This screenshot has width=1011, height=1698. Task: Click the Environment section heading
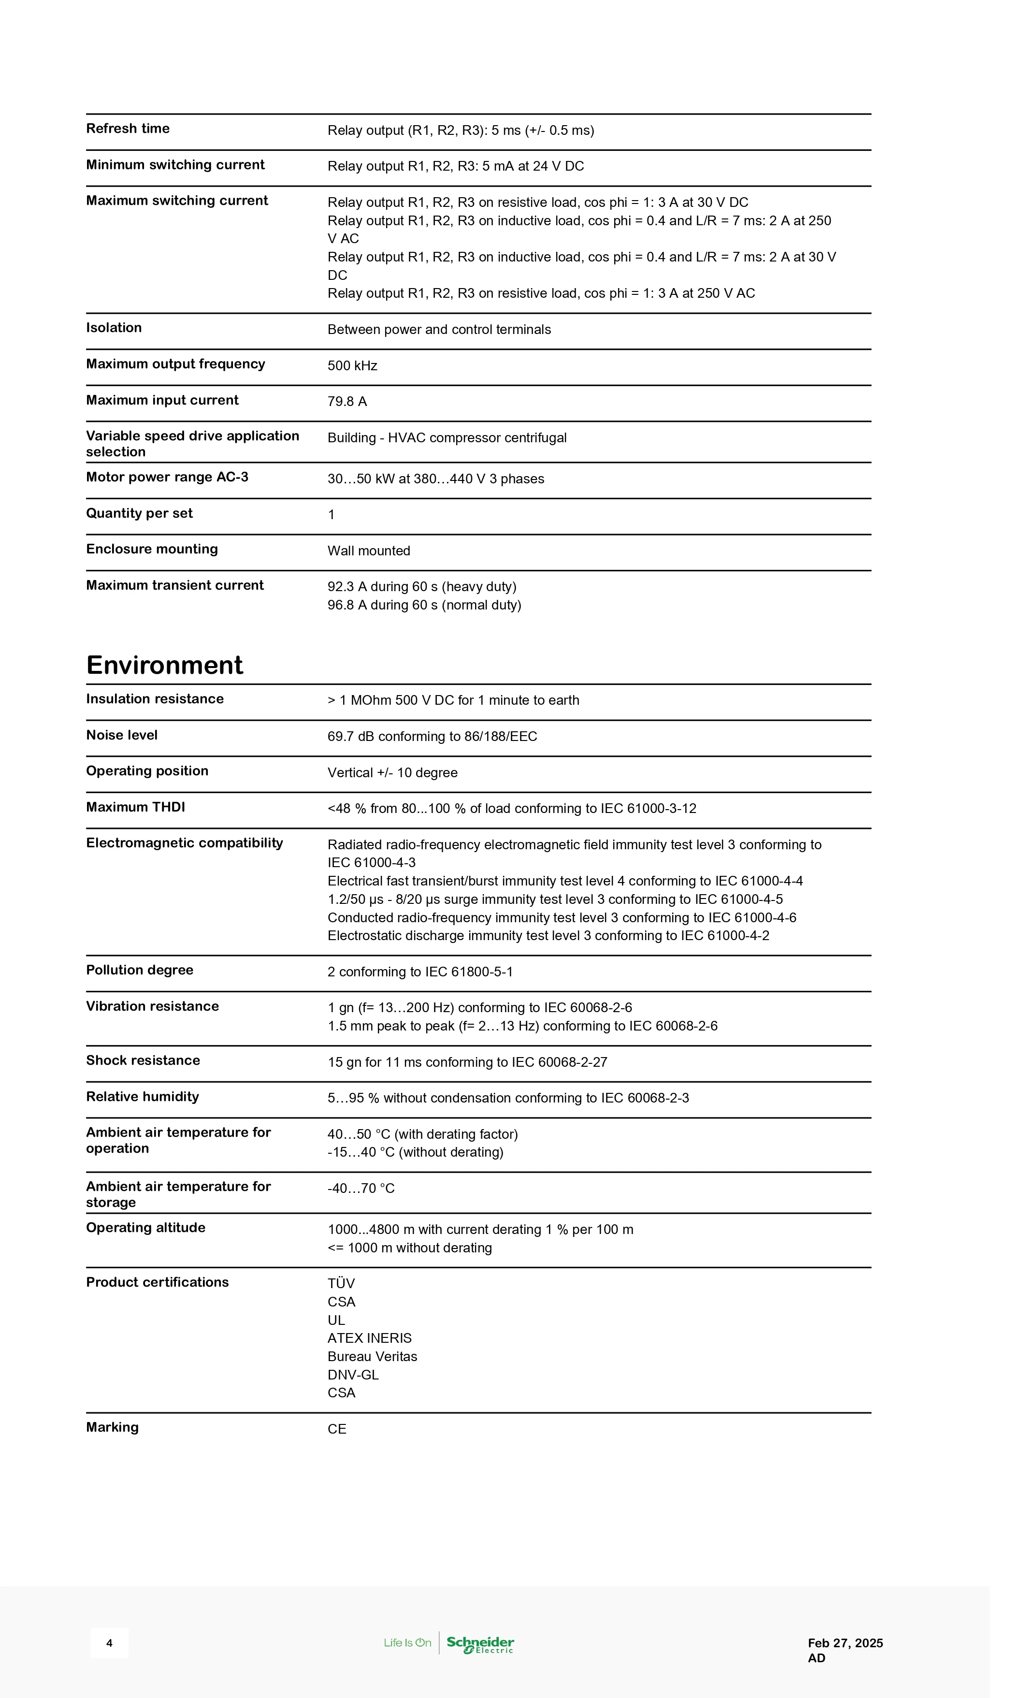tap(164, 665)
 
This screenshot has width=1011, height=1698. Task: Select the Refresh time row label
tap(128, 129)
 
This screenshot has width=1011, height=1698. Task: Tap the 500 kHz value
tap(352, 366)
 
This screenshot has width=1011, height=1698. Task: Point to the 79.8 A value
tap(347, 402)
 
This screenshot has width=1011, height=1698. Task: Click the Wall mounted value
tap(369, 551)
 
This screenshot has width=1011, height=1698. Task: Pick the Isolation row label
tap(114, 328)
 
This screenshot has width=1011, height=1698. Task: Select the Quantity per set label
tap(139, 513)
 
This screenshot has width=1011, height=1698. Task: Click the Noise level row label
tap(121, 735)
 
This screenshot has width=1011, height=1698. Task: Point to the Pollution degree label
tap(139, 970)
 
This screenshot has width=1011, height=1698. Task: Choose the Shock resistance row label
tap(143, 1060)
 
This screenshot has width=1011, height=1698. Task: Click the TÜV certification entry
tap(341, 1284)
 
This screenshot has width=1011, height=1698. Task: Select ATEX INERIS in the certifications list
tap(369, 1338)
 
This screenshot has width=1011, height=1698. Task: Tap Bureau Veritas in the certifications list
tap(372, 1357)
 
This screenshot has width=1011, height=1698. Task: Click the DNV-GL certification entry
tap(353, 1375)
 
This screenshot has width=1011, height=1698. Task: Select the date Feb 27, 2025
tap(845, 1643)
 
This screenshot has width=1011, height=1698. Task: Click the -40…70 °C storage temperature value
tap(361, 1189)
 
